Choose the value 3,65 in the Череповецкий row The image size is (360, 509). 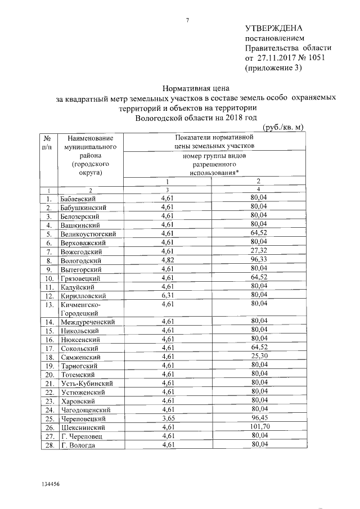pyautogui.click(x=168, y=418)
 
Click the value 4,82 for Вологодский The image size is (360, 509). pyautogui.click(x=168, y=260)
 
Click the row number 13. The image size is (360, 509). pyautogui.click(x=49, y=304)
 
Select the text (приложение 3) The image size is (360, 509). pyautogui.click(x=274, y=68)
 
